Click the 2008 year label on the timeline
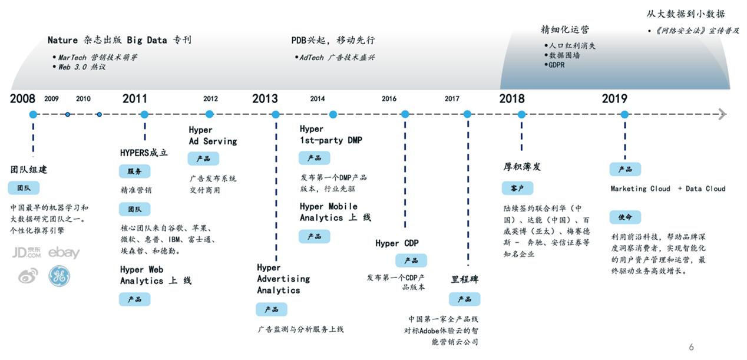pos(22,98)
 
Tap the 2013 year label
pos(265,98)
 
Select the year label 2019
pos(614,98)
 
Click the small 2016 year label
pos(389,99)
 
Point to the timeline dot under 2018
pos(521,114)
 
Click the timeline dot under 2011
pos(144,114)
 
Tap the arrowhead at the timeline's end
pos(722,114)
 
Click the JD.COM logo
pos(27,253)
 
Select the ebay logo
pos(64,253)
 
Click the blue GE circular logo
pos(59,276)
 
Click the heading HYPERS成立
pos(144,153)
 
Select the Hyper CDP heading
pos(396,243)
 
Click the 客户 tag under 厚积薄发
pos(517,188)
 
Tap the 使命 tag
pos(625,217)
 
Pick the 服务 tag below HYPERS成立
pos(134,171)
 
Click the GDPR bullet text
pos(556,65)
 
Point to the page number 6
pos(691,347)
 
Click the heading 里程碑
pos(465,279)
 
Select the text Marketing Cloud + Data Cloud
pos(667,189)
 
